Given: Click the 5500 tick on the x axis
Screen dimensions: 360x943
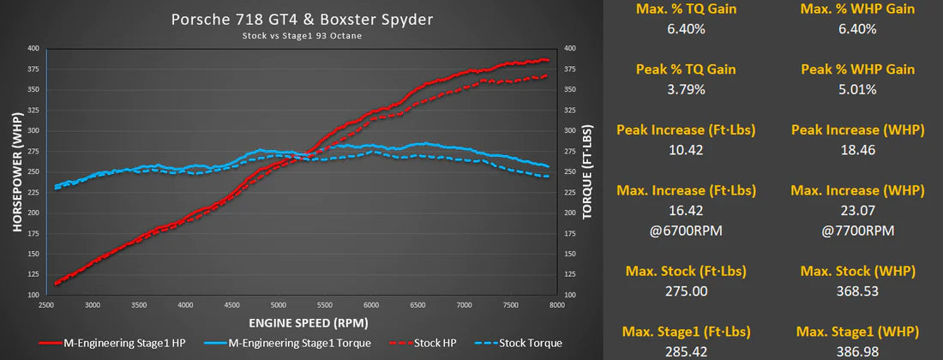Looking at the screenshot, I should click(x=323, y=304).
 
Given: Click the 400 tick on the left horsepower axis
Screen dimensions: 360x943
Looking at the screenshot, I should click(x=33, y=49).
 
